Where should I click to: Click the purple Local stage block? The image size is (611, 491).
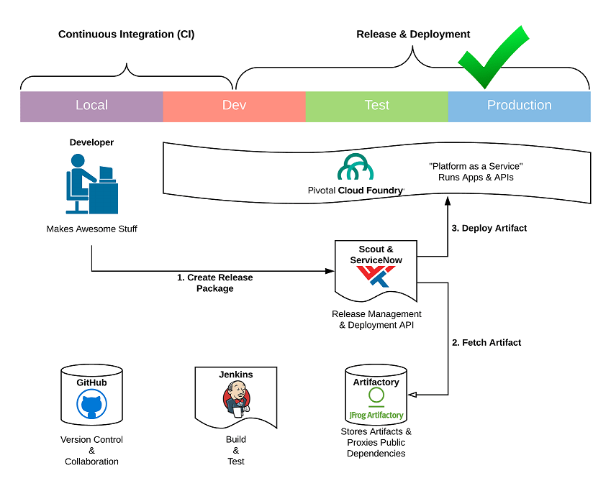click(x=91, y=106)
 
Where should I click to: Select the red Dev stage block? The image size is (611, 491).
click(x=234, y=106)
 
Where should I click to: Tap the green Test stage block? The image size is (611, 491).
click(x=376, y=106)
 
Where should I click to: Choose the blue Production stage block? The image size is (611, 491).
click(x=519, y=106)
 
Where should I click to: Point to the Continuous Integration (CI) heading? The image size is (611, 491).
click(x=126, y=35)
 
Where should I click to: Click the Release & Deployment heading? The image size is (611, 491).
click(x=413, y=35)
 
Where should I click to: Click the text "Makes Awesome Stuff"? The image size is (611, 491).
click(x=91, y=229)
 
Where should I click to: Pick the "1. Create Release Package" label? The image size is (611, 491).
click(x=215, y=283)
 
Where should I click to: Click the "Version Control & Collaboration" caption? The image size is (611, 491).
click(x=91, y=451)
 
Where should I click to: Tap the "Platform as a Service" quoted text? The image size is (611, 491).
click(x=476, y=166)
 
